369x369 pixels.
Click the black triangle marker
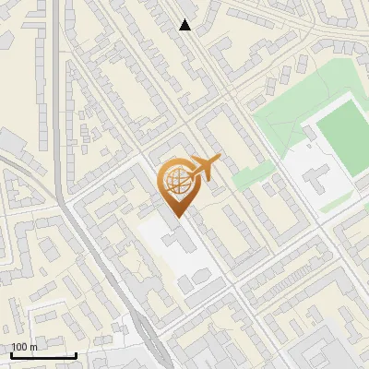point(185,25)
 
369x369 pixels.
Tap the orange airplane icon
point(205,167)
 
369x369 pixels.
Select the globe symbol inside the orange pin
point(175,182)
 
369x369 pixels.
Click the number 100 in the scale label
point(19,347)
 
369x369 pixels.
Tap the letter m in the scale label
point(33,347)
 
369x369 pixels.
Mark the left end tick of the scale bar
point(11,353)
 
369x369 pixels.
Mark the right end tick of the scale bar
point(76,353)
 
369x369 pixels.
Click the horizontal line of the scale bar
point(43,355)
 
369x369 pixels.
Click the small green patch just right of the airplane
point(241,177)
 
